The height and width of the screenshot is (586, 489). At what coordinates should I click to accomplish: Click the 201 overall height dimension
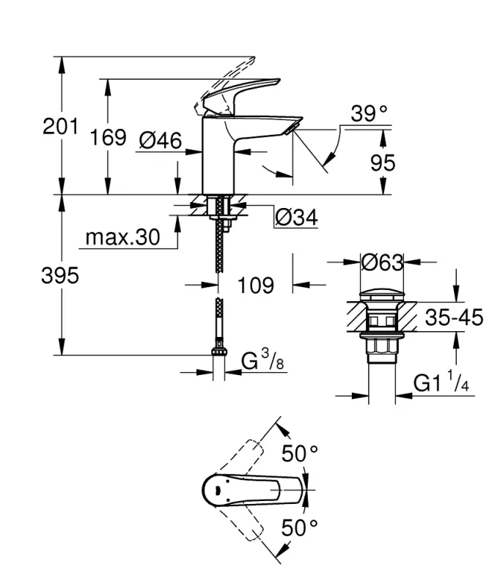click(60, 126)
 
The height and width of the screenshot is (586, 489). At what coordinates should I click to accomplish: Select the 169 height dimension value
click(109, 138)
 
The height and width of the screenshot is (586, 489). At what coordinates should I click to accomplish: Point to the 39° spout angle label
click(369, 114)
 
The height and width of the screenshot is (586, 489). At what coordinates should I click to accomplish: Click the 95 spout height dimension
click(382, 163)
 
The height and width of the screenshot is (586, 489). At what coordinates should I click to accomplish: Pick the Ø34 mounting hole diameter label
click(296, 218)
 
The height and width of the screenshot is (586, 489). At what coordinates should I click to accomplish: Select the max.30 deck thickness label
click(122, 237)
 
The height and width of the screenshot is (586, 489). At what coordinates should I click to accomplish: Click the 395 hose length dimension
click(60, 276)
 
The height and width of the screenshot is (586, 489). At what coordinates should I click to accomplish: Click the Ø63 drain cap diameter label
click(383, 261)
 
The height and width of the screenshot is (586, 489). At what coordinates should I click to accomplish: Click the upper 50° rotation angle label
click(301, 453)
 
